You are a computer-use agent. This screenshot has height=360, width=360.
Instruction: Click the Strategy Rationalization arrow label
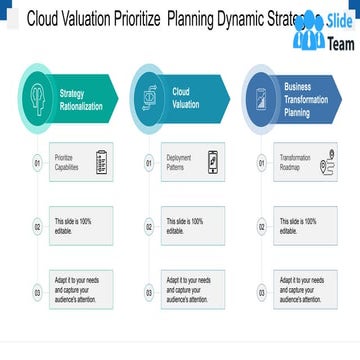click(x=80, y=99)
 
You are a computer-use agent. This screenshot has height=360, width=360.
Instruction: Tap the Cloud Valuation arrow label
click(x=186, y=98)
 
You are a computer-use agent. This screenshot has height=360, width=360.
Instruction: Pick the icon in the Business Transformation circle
click(x=262, y=98)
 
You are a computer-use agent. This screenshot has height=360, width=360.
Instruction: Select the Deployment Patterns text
click(x=180, y=161)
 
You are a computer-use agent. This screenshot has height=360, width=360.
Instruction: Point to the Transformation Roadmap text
click(x=295, y=161)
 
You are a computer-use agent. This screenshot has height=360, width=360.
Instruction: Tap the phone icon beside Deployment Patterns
click(x=212, y=161)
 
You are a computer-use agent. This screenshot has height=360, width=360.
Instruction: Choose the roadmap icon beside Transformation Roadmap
click(x=327, y=162)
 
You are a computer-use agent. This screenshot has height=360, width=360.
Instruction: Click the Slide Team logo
click(x=323, y=29)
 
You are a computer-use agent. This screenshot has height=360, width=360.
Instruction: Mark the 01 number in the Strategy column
click(x=37, y=161)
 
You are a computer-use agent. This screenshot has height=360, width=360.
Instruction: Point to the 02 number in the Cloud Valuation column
click(x=149, y=227)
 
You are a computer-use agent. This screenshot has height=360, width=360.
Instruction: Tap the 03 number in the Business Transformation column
click(x=262, y=293)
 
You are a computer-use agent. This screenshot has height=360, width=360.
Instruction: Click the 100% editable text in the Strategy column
click(x=74, y=226)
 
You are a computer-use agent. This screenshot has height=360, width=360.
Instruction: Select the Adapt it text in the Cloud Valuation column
click(x=188, y=289)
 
